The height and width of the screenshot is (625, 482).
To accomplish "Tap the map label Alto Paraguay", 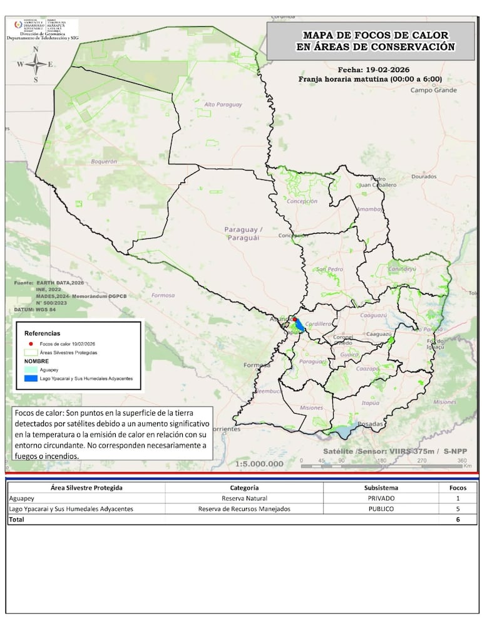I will click(x=223, y=105).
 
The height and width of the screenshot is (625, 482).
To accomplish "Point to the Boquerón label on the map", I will click(x=104, y=162).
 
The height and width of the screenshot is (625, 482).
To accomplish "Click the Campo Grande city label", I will click(x=434, y=90).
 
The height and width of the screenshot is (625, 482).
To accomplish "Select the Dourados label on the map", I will click(x=424, y=177).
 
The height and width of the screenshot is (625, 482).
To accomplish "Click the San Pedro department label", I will click(x=329, y=269).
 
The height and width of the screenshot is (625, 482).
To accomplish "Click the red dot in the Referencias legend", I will click(x=27, y=344).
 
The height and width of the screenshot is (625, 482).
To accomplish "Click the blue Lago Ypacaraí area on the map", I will click(x=299, y=325).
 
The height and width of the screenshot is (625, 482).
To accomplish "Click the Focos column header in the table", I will click(x=458, y=487).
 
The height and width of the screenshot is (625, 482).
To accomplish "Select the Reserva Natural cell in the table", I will click(x=244, y=498).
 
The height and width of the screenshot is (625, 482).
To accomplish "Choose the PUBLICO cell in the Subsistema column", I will click(x=380, y=509).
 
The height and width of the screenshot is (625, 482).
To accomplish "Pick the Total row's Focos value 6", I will click(x=458, y=520).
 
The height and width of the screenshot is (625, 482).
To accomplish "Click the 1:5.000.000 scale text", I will click(x=259, y=464).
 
